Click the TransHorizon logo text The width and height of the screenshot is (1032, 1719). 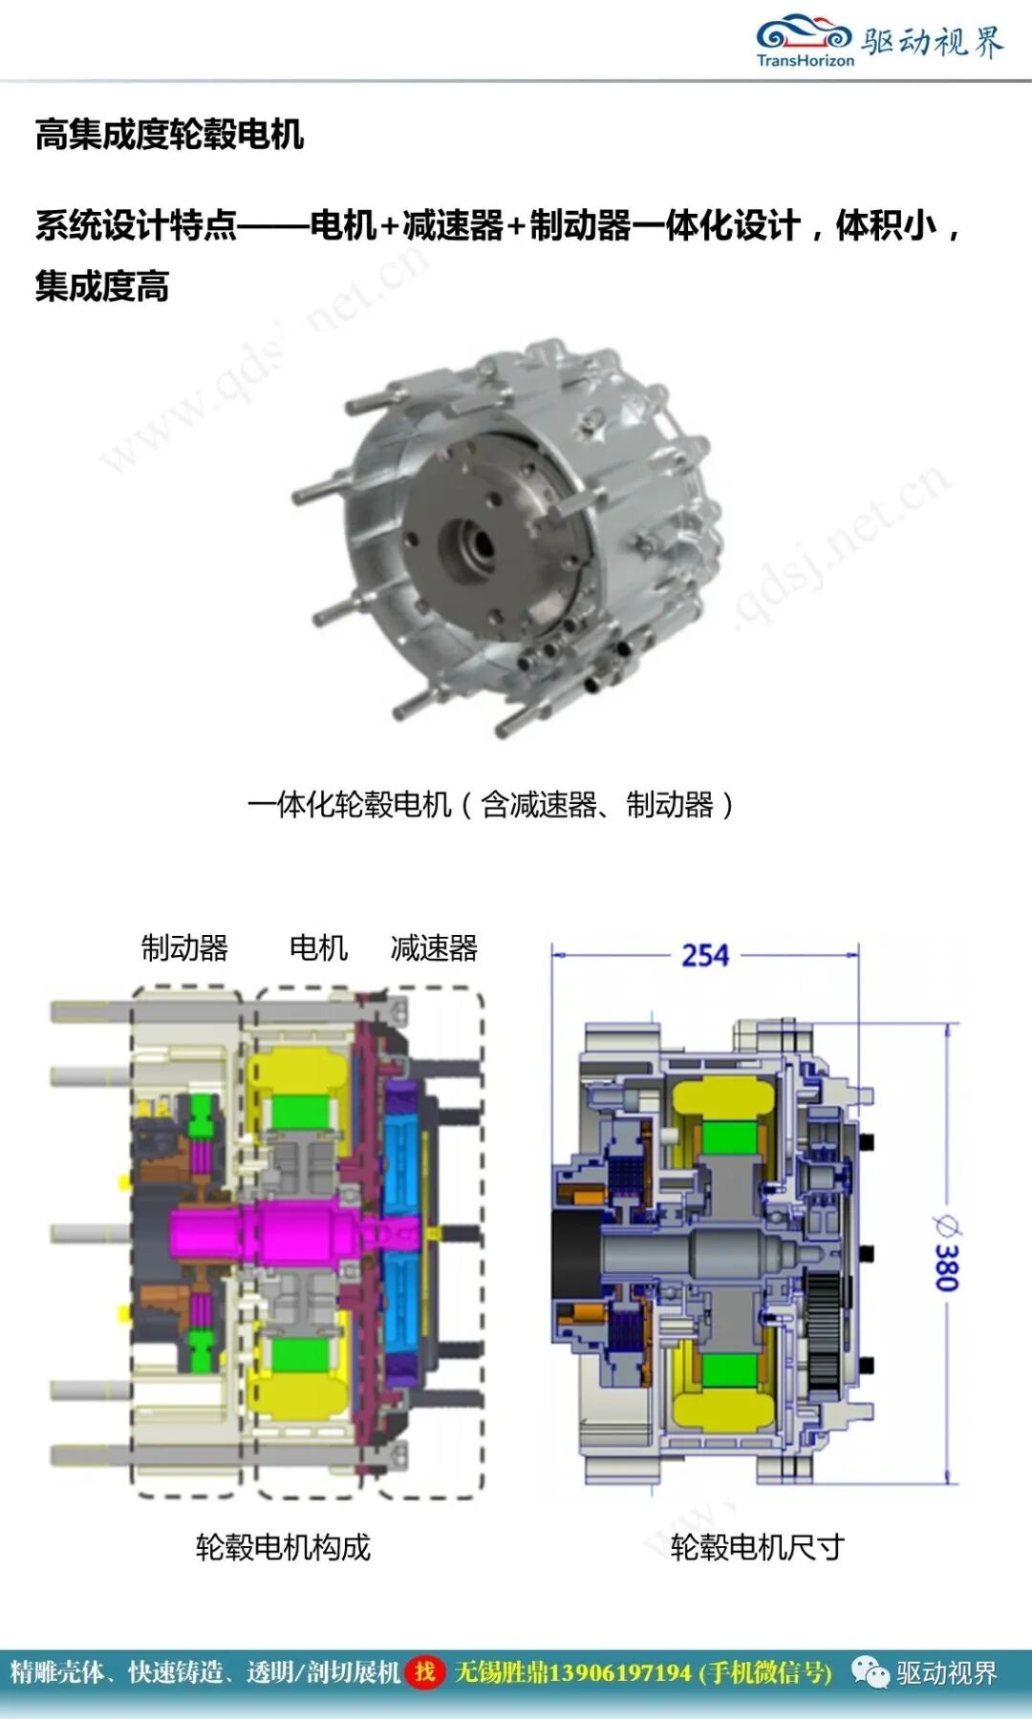[x=805, y=60]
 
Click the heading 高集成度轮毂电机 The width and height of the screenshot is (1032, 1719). [x=169, y=134]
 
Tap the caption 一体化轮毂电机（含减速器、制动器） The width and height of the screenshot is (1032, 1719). [x=491, y=804]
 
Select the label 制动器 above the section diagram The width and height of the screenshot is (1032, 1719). [x=185, y=947]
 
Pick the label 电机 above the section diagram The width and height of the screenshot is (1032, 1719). [x=318, y=947]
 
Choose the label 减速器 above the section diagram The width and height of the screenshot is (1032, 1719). [x=434, y=947]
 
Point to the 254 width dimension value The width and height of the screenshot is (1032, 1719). [x=705, y=955]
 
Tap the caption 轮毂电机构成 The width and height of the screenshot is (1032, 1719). [x=283, y=1546]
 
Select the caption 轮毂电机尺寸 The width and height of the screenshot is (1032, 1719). [x=757, y=1546]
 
